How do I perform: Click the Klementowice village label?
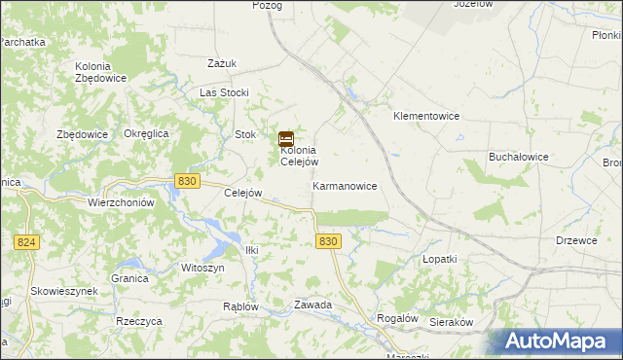pyautogui.click(x=425, y=116)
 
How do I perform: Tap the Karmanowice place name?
pyautogui.click(x=345, y=185)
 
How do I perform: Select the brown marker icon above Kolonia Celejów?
pyautogui.click(x=287, y=139)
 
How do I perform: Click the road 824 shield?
pyautogui.click(x=27, y=241)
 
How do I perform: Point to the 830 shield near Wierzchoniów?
pyautogui.click(x=189, y=181)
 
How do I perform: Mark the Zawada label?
pyautogui.click(x=313, y=305)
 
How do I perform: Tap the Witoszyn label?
pyautogui.click(x=202, y=267)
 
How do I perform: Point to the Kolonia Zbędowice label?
pyautogui.click(x=100, y=72)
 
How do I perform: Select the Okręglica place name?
pyautogui.click(x=147, y=133)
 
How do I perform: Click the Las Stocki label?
pyautogui.click(x=225, y=92)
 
